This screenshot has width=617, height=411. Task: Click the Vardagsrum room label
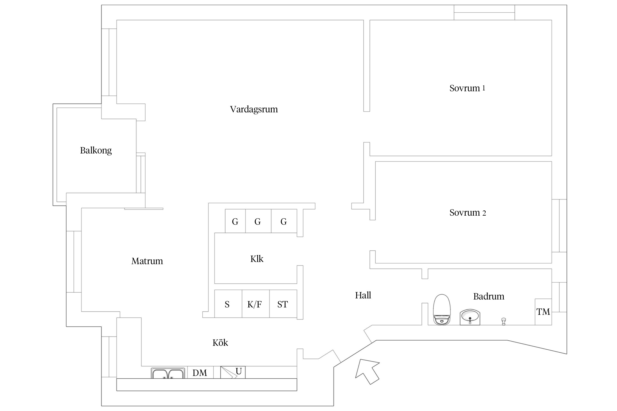(254, 109)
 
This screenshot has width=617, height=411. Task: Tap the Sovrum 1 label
(467, 88)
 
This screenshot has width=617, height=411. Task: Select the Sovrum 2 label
(468, 213)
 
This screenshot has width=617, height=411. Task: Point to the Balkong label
(96, 150)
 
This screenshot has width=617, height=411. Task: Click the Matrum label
(147, 261)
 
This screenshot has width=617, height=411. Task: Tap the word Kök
(220, 343)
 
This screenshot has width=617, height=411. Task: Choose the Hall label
(363, 295)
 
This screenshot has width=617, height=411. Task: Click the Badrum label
(489, 296)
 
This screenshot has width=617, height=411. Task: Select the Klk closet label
(257, 259)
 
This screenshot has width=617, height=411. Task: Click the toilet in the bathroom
(442, 309)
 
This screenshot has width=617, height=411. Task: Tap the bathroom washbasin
(470, 317)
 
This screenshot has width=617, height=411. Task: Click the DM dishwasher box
(200, 373)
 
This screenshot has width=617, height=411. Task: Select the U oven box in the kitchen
(233, 372)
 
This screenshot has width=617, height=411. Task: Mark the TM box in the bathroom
(543, 312)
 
